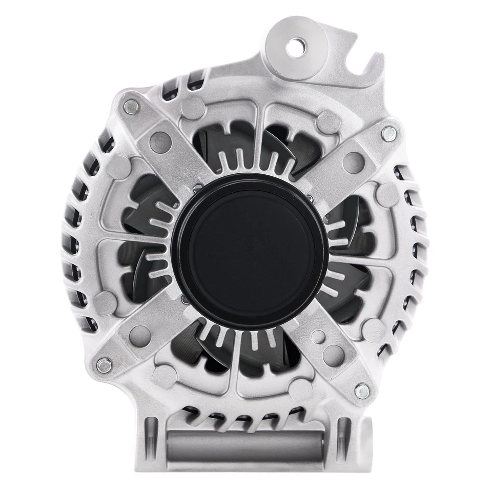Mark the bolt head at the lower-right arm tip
click(x=362, y=391)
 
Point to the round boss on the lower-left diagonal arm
click(x=137, y=335)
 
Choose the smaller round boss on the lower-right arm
click(x=318, y=337)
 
